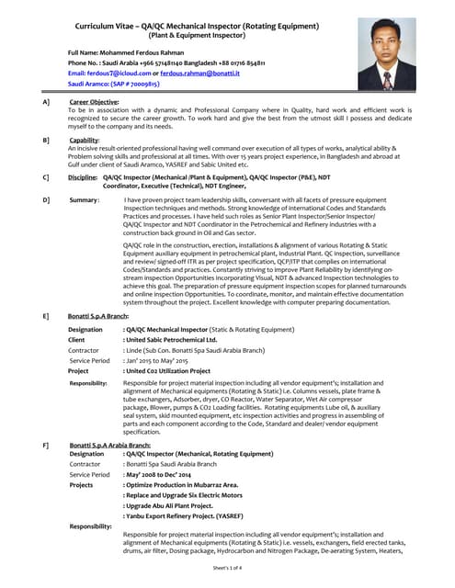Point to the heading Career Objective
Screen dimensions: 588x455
click(x=94, y=101)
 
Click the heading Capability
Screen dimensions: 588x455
click(x=85, y=140)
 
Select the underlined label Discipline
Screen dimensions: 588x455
click(x=83, y=177)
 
